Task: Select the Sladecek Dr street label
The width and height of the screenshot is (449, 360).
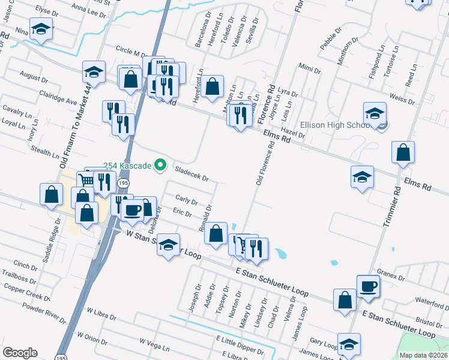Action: [x=191, y=174]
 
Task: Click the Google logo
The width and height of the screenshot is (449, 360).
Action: [x=20, y=353]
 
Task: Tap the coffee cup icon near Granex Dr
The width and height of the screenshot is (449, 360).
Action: [x=368, y=286]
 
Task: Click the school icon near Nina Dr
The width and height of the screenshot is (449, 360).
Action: [x=41, y=29]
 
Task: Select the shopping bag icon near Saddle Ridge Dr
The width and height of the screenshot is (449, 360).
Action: [x=52, y=194]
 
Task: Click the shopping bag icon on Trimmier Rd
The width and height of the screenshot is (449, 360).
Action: [x=403, y=153]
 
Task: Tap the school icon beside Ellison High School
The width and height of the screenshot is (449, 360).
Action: [x=375, y=113]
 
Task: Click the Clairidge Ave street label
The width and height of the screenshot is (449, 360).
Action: [x=58, y=98]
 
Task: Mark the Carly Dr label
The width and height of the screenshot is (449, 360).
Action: [x=187, y=199]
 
